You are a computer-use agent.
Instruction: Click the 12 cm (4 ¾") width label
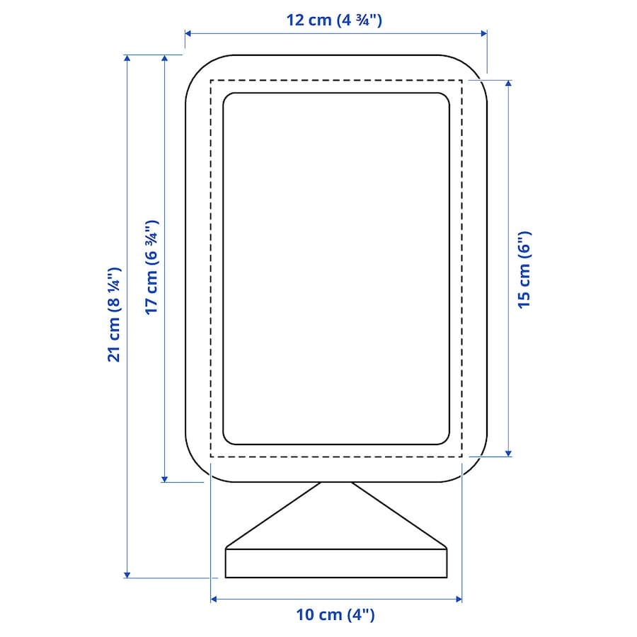click(334, 20)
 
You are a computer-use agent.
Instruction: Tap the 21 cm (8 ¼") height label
click(114, 315)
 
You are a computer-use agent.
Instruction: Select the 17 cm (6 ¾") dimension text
click(151, 268)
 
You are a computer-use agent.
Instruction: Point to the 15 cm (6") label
click(524, 270)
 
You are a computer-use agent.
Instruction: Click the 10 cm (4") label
click(335, 614)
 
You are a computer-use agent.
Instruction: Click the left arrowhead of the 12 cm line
click(188, 33)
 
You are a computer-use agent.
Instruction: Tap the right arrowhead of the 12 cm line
click(484, 33)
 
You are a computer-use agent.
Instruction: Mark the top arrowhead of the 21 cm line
click(127, 58)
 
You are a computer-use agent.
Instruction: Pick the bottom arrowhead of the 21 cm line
click(127, 575)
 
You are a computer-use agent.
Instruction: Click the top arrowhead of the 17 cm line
click(164, 58)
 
